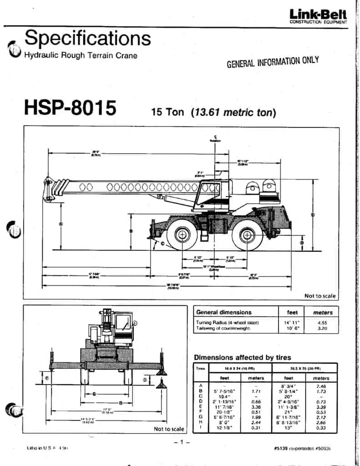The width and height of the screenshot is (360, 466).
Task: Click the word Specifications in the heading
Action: [87, 38]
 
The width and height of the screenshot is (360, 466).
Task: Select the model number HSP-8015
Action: [70, 108]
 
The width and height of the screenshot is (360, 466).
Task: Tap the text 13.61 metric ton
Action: [233, 111]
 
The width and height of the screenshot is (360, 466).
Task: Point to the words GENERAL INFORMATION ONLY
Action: [273, 62]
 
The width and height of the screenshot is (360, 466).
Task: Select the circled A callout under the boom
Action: [61, 224]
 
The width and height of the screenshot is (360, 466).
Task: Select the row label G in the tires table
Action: [201, 416]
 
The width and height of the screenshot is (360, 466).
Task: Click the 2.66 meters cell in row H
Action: [322, 422]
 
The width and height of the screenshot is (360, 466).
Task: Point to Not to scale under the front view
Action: [169, 429]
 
